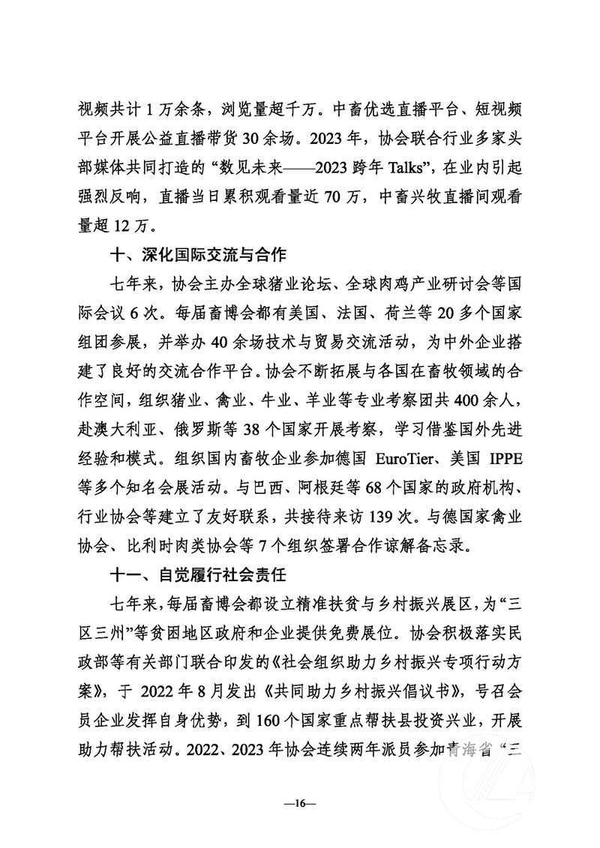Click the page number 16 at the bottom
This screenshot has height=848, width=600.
coord(300,804)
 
